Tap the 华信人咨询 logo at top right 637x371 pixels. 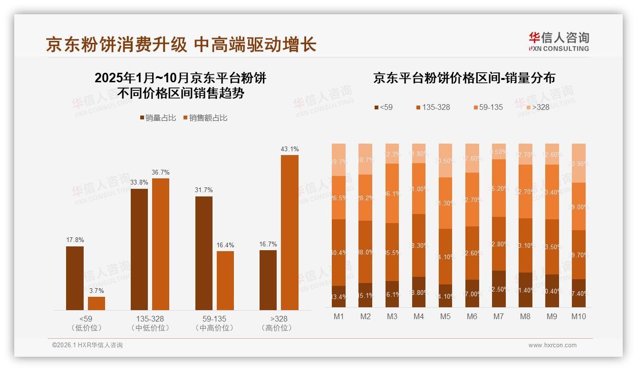[559, 41]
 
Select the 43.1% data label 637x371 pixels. [290, 149]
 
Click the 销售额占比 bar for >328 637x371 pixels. [290, 233]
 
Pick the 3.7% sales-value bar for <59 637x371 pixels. [97, 303]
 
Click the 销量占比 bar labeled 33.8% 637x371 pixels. [139, 249]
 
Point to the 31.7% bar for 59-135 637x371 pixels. [204, 253]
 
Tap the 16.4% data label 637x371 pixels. [225, 245]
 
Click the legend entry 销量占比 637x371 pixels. [157, 118]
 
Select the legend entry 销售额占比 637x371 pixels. [205, 118]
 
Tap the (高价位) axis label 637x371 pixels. [277, 328]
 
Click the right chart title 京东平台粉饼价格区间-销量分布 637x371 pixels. [464, 78]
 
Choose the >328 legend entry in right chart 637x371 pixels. [537, 107]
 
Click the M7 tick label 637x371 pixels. [499, 316]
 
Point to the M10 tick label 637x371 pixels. [579, 316]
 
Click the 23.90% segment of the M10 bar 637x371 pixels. [579, 163]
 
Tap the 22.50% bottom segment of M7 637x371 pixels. [499, 289]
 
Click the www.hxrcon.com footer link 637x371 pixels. [552, 345]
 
